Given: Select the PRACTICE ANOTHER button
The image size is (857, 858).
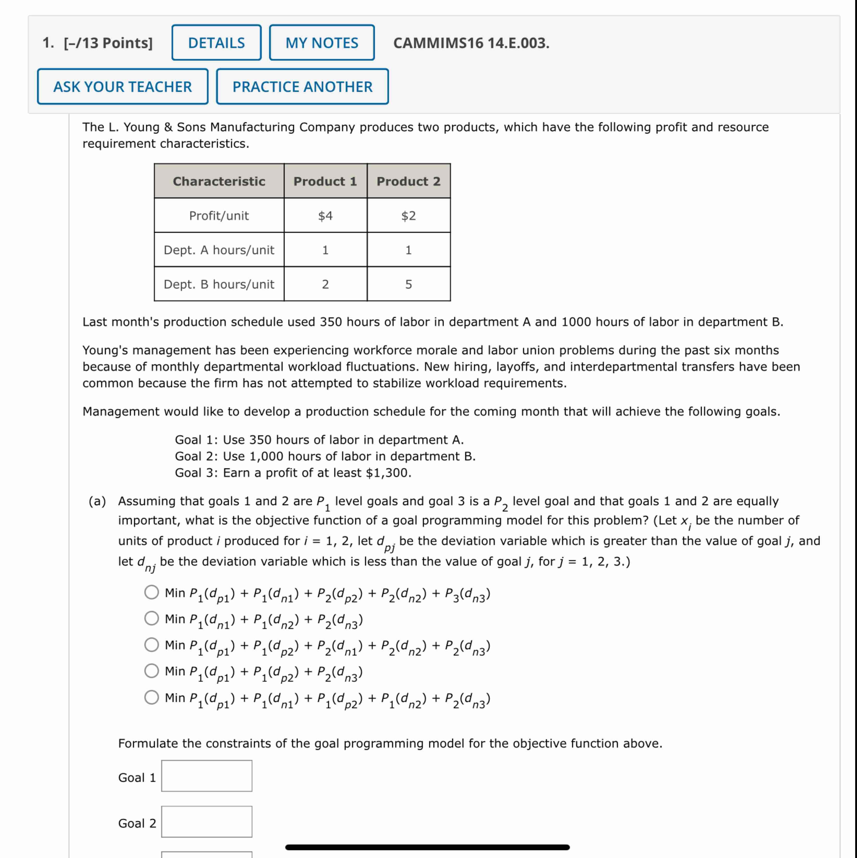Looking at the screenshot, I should (302, 87).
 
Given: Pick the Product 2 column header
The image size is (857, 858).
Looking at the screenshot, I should (408, 181).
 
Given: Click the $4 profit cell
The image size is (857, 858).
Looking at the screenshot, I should (325, 216).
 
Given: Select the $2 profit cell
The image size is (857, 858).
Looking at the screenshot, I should (408, 216).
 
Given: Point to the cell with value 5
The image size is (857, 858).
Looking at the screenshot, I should (408, 284).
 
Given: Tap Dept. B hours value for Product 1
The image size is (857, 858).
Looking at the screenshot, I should (325, 284).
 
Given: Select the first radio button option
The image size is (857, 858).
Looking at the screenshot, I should (151, 592).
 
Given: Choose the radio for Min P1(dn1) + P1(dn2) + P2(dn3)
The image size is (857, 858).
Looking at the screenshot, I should (151, 618).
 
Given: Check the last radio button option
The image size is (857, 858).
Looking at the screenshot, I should (151, 697).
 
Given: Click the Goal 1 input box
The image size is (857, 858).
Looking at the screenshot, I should (206, 776).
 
